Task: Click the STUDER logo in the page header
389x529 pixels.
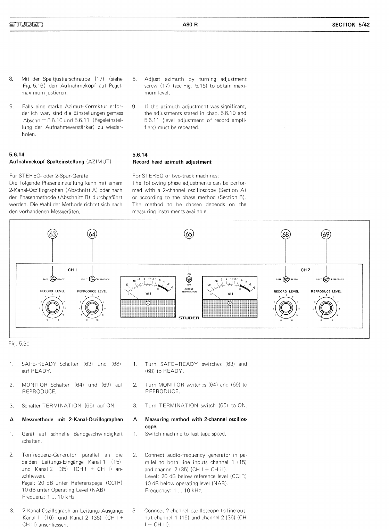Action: pos(26,25)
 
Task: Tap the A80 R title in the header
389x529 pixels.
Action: pos(190,25)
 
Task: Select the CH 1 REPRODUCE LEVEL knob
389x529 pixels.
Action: pos(92,308)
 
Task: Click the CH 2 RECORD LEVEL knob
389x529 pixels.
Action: pos(286,308)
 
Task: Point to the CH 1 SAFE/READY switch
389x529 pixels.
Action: pos(53,279)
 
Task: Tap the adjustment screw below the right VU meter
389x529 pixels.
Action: pos(230,303)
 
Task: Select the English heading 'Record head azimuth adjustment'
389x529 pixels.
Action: pos(172,162)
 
